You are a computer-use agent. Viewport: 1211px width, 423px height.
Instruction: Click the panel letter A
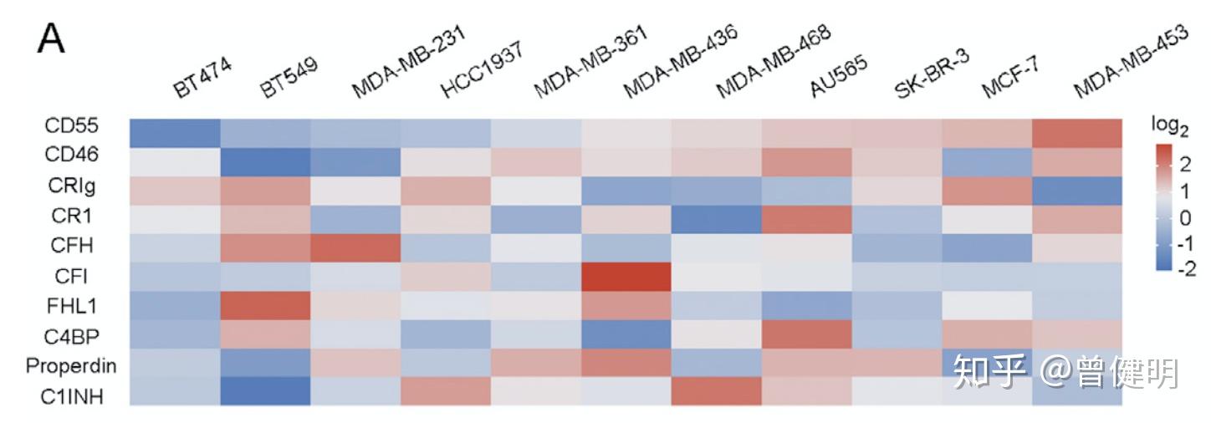coord(51,39)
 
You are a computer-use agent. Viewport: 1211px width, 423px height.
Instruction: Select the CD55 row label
coord(71,125)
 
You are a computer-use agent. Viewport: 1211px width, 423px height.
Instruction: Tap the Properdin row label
coord(71,367)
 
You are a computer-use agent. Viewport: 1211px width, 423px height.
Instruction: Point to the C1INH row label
coord(72,397)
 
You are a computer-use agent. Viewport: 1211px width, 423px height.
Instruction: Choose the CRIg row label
coord(72,186)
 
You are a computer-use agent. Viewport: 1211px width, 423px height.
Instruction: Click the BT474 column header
coord(202,77)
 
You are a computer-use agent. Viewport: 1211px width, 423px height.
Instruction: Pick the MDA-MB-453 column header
coord(1131,61)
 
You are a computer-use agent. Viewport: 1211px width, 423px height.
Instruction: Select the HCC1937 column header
coord(482,69)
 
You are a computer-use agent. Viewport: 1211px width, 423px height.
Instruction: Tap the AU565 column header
coord(839,75)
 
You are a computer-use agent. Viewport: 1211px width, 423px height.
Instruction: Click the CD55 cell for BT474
coord(175,134)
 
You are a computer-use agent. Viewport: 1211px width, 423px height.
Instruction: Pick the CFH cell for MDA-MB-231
coord(355,248)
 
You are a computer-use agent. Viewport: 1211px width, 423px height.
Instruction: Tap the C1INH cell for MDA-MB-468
coord(717,391)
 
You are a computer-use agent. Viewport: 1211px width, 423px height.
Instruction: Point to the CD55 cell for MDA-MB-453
coord(1077,134)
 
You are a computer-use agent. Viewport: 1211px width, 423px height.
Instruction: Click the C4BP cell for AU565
coord(806,334)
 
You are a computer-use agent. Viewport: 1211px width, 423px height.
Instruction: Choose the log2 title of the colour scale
coord(1169,126)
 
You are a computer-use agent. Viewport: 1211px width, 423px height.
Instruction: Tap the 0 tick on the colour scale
coord(1186,217)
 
